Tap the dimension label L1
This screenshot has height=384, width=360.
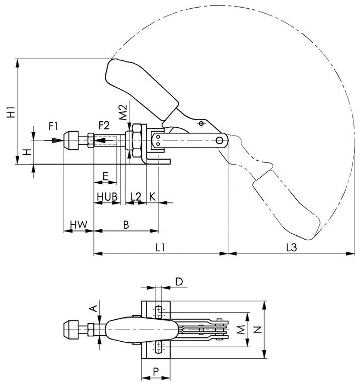(160, 247)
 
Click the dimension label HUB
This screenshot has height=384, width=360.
(107, 196)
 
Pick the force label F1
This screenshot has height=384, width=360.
(54, 126)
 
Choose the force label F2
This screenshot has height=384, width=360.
(104, 126)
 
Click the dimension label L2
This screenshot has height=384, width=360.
(136, 196)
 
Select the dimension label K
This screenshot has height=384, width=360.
(152, 196)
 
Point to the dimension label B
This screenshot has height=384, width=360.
(126, 224)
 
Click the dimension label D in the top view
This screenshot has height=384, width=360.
(178, 281)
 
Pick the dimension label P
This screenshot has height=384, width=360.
(156, 371)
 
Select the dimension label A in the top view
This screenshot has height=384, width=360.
(93, 309)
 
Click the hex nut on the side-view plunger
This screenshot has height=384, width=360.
(135, 140)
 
